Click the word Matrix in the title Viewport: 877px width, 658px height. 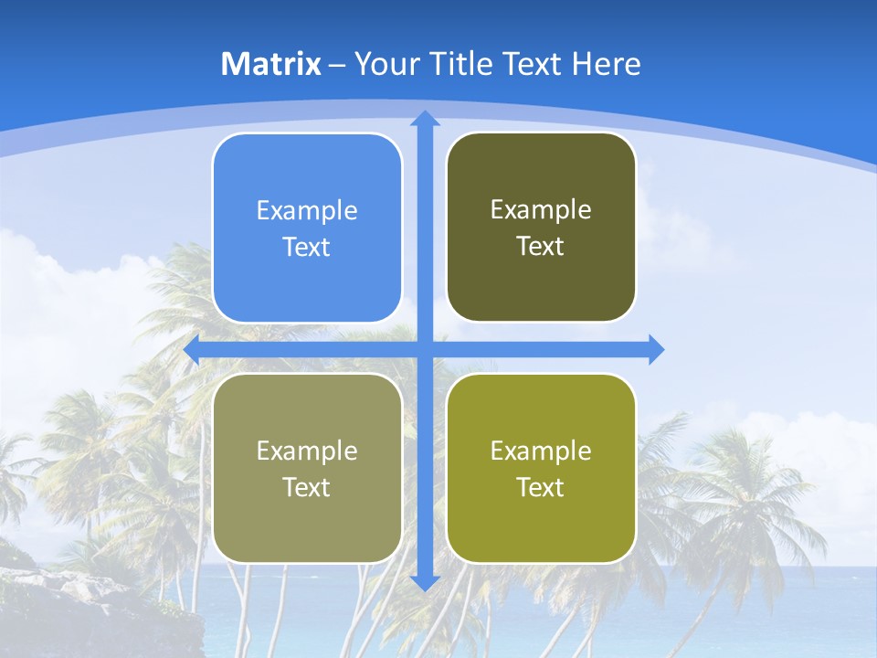(x=271, y=64)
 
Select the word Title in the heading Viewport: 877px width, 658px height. (x=460, y=64)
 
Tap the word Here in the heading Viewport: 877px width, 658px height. (x=607, y=64)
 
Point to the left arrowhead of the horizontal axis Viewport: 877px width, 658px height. (x=192, y=349)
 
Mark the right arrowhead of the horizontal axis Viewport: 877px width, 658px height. (x=656, y=349)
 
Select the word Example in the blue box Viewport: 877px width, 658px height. (x=307, y=211)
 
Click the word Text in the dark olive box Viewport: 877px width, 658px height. (x=541, y=247)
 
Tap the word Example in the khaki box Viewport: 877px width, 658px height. (x=307, y=451)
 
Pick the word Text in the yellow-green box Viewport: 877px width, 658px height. (x=541, y=488)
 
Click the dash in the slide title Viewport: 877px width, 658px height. (x=337, y=65)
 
